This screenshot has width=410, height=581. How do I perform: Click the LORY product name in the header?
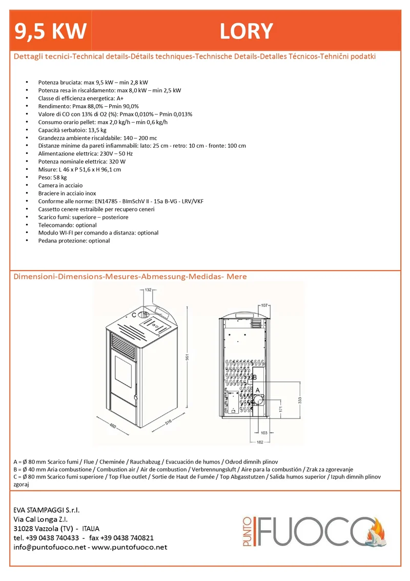tap(246, 31)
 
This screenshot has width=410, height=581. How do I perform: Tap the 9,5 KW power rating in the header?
tap(50, 31)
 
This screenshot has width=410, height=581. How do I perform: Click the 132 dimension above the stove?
tap(148, 290)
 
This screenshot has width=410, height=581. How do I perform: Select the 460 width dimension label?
tap(113, 426)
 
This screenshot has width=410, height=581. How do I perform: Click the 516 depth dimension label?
tap(169, 422)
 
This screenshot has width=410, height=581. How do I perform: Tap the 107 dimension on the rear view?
tap(264, 305)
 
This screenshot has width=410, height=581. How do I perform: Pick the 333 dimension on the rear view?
tap(300, 400)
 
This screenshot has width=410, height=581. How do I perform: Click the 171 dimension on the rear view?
tap(281, 409)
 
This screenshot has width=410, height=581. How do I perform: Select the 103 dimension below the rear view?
tap(264, 433)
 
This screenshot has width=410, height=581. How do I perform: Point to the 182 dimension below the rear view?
tap(260, 442)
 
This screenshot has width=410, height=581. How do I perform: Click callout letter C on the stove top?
tap(134, 315)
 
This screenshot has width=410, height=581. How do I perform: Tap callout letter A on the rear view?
tap(258, 390)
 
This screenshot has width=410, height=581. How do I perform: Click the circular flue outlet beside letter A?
tap(258, 400)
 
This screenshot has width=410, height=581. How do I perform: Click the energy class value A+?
tap(120, 98)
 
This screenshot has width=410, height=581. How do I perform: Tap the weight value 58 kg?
tap(60, 178)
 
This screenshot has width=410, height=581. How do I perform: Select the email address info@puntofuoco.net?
tap(50, 547)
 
